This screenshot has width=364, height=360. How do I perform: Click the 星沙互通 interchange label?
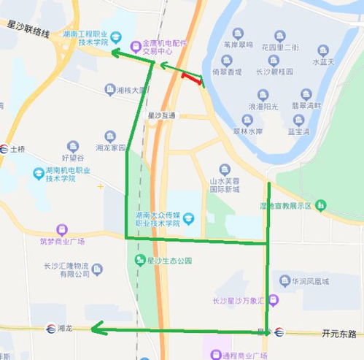click(161, 115)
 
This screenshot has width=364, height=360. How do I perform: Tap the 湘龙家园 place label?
click(111, 147)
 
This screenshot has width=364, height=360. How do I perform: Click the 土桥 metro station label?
click(18, 149)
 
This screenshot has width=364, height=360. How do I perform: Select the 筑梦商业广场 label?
click(63, 240)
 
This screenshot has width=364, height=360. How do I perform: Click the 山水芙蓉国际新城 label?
click(225, 184)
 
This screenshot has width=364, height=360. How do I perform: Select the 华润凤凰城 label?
click(311, 280)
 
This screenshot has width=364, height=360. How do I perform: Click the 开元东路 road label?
click(339, 333)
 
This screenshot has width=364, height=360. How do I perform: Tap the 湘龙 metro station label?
click(64, 328)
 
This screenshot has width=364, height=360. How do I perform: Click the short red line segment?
click(193, 77)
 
